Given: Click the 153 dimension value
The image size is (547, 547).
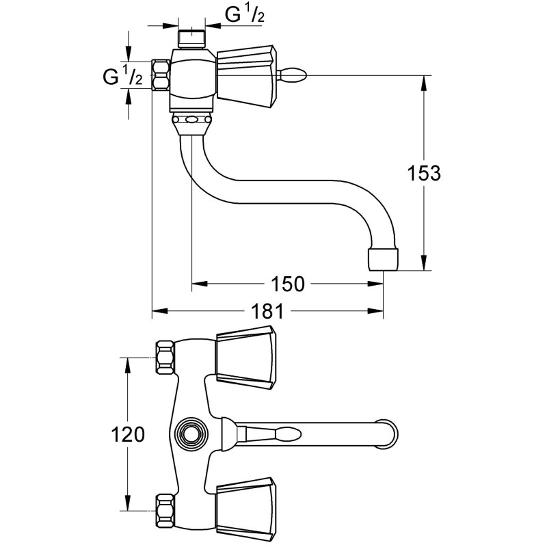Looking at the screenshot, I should click(x=425, y=174).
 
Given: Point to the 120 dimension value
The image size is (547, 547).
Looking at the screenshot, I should click(x=127, y=435).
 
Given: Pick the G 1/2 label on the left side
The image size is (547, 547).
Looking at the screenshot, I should click(x=122, y=77).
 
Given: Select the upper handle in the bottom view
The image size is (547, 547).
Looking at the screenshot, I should click(x=245, y=353).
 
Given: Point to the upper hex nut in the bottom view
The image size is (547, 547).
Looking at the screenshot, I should click(x=164, y=356).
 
